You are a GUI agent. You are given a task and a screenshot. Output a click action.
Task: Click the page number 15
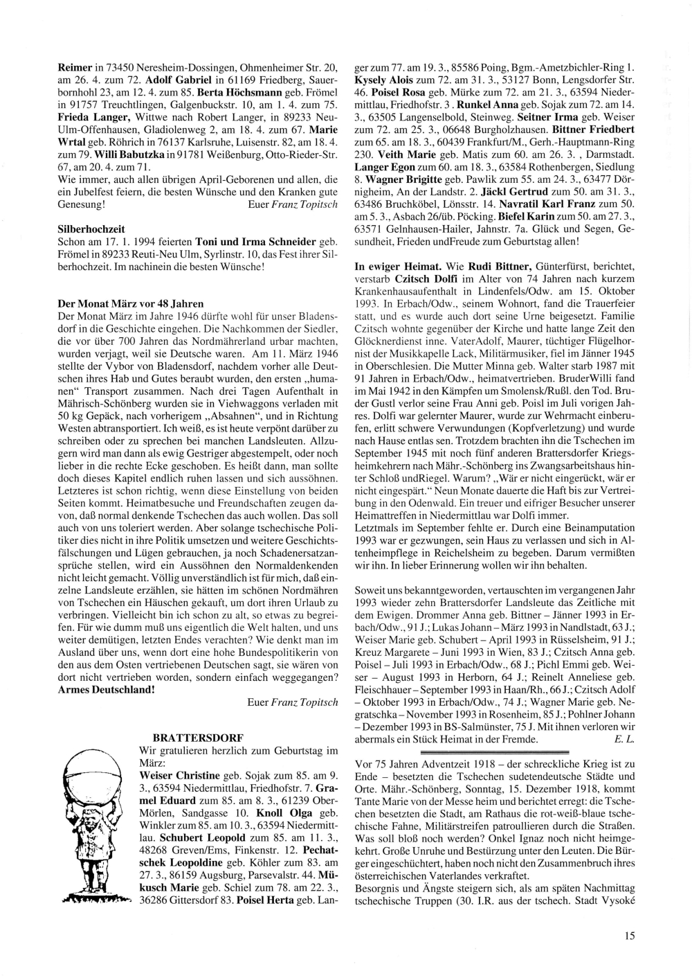(628, 936)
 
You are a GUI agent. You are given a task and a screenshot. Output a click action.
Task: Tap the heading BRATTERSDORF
(197, 736)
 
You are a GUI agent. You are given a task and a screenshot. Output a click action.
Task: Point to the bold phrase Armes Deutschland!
(106, 690)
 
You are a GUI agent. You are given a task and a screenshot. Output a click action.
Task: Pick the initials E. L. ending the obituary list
(623, 739)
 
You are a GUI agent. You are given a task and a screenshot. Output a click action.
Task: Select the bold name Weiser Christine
(180, 775)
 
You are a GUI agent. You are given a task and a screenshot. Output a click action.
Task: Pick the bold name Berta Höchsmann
(232, 91)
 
